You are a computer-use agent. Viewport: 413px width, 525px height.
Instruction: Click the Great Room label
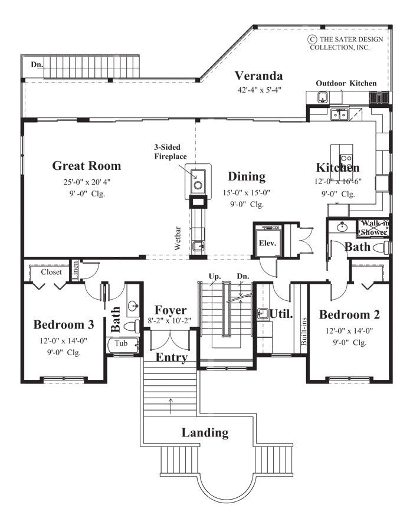[86, 166]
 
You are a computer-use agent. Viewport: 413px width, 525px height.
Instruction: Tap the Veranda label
[258, 76]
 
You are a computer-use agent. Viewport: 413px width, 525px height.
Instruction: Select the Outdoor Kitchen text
[346, 83]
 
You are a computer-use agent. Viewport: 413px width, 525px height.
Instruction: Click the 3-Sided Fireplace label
[171, 152]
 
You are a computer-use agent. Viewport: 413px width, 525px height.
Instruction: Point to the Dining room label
[247, 176]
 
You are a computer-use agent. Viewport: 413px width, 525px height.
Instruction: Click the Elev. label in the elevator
[267, 242]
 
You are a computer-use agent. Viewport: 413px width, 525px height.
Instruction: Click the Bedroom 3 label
[64, 324]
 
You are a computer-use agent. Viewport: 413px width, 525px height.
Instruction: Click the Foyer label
[171, 310]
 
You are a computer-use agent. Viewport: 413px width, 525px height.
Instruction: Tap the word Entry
[172, 357]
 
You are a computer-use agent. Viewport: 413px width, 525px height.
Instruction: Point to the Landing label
[205, 432]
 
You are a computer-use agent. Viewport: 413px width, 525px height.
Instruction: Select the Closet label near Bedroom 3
[52, 273]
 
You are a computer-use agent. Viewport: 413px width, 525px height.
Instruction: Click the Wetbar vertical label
[178, 241]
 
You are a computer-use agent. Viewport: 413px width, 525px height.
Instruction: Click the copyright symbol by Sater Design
[311, 39]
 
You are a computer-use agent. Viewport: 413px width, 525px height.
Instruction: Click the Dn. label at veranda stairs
[37, 64]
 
